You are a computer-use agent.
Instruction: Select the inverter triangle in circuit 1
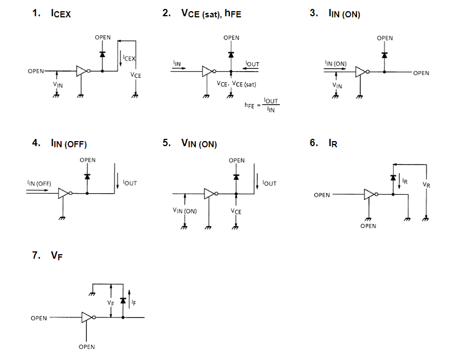[x=82, y=71]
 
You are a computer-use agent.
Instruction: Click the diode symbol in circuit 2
[x=231, y=55]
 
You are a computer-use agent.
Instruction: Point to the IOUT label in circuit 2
[x=252, y=64]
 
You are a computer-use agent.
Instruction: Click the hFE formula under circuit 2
[x=262, y=104]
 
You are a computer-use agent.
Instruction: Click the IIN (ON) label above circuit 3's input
[x=335, y=64]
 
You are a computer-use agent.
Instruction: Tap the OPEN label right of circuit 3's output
[x=421, y=73]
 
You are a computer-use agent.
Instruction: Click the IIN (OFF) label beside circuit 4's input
[x=39, y=183]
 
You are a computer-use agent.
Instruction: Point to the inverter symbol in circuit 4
[x=63, y=193]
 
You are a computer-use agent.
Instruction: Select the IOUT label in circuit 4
[x=130, y=183]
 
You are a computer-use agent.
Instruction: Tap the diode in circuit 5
[x=236, y=176]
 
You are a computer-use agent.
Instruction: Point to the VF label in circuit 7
[x=111, y=302]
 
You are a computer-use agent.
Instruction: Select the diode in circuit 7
[x=123, y=301]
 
